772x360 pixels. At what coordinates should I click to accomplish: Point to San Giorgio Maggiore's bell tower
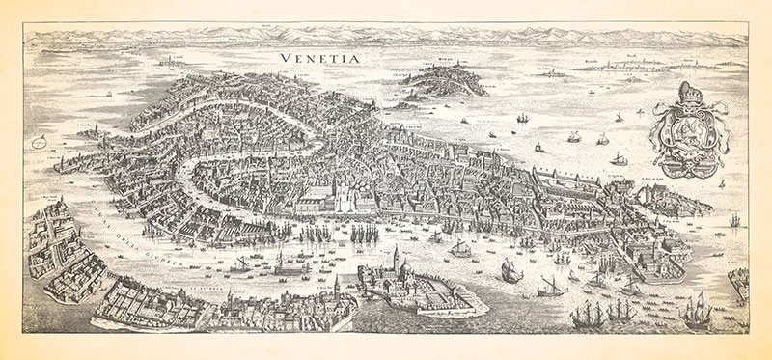(x=394, y=258)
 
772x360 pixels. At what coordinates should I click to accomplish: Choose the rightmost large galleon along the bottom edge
(x=697, y=312)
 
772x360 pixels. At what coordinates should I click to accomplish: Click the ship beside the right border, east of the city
(x=735, y=221)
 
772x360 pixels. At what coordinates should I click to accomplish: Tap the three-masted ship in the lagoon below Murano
(x=523, y=117)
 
